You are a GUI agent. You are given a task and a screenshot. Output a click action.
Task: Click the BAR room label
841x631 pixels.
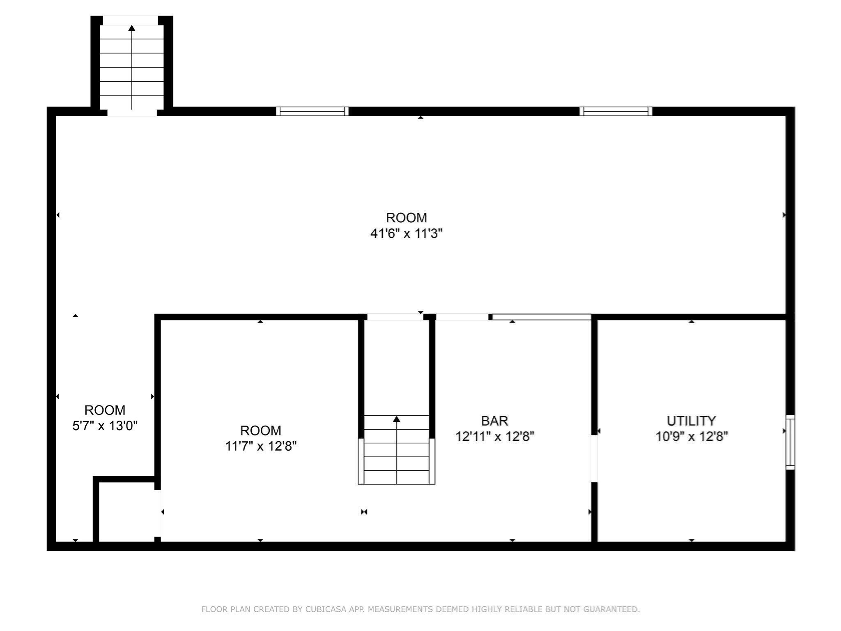[x=494, y=421]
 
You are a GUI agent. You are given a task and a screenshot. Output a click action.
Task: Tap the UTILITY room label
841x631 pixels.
[x=691, y=421]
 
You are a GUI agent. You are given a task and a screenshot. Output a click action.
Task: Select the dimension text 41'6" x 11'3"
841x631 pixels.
[x=406, y=234]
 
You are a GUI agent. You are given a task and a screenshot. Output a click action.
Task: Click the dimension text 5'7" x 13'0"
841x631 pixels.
[x=105, y=426]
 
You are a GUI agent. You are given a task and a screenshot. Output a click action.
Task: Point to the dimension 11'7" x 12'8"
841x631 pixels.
[x=261, y=446]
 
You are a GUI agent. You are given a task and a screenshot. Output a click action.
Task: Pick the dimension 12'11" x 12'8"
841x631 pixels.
[x=494, y=436]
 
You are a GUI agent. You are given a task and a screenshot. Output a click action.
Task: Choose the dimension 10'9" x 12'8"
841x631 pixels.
[x=692, y=436]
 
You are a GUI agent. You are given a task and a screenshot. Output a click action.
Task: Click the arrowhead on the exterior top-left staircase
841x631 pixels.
[x=132, y=28]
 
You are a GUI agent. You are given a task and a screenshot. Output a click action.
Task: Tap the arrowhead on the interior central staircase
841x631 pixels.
[x=396, y=419]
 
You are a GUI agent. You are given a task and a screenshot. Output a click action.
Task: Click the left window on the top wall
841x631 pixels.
[x=312, y=111]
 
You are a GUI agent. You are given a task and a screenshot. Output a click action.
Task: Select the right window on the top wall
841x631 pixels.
[x=616, y=111]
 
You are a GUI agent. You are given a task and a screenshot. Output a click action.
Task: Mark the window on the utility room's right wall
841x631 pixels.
[x=790, y=442]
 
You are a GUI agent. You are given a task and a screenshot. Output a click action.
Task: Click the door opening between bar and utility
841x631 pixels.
[x=594, y=458]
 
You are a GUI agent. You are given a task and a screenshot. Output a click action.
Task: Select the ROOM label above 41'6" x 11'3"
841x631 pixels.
[x=406, y=218]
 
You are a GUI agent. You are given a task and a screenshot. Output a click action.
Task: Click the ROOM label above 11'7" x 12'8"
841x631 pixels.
[x=261, y=430]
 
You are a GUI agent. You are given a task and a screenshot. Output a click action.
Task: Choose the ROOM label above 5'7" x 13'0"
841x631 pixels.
[x=105, y=410]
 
